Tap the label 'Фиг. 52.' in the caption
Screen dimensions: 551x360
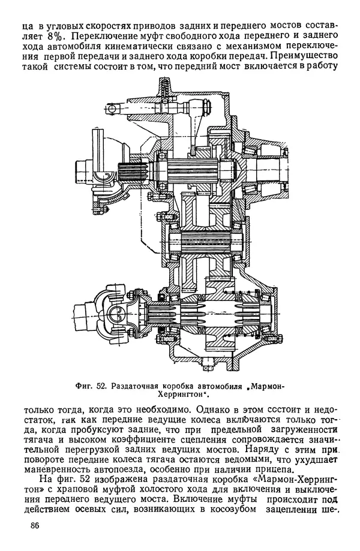tap(93, 385)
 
